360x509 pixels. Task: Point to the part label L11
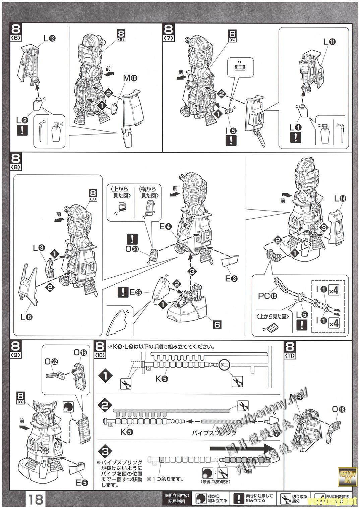coord(329,42)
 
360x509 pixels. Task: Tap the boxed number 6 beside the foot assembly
coord(217,325)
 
